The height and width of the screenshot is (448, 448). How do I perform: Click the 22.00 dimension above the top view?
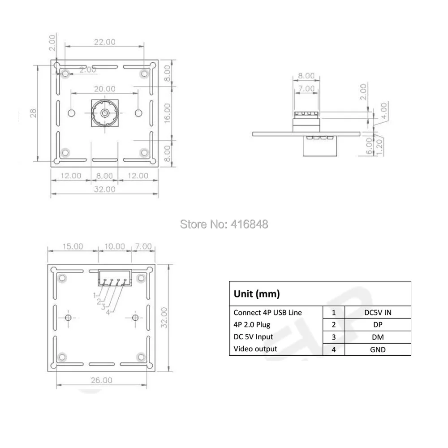tap(105, 42)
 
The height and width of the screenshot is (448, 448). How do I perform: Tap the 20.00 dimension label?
tap(105, 89)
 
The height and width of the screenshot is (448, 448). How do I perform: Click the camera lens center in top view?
tap(105, 113)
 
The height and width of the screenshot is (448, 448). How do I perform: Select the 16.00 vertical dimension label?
tap(167, 113)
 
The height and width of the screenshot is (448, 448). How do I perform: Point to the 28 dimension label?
tap(33, 113)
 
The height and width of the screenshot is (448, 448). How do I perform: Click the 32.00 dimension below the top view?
tap(104, 189)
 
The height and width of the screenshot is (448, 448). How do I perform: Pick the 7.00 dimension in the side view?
tap(306, 89)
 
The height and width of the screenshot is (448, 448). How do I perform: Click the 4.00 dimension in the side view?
tap(384, 111)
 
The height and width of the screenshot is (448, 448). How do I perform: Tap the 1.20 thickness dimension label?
tap(379, 147)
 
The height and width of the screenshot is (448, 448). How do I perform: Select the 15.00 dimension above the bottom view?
tap(73, 246)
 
